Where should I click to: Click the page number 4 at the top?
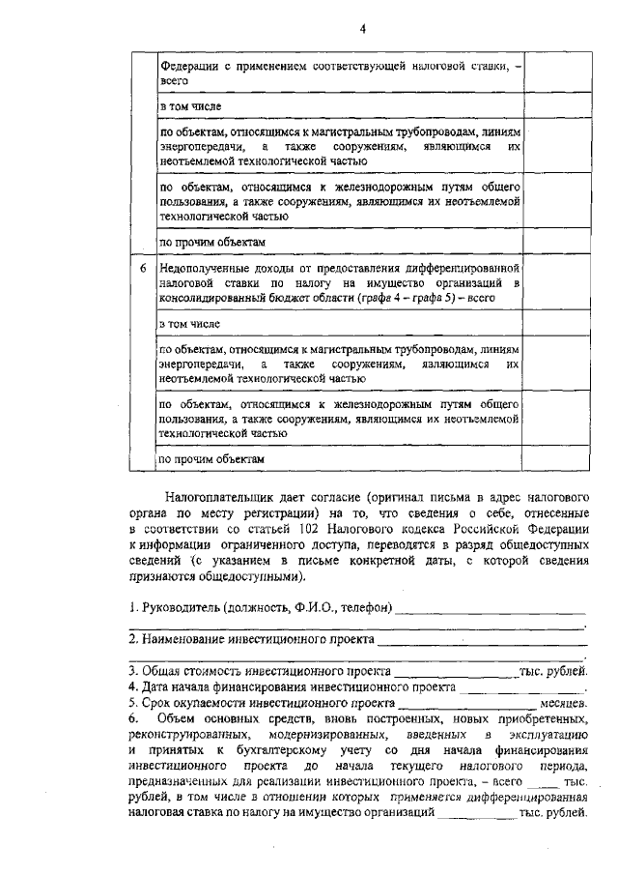(362, 28)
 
